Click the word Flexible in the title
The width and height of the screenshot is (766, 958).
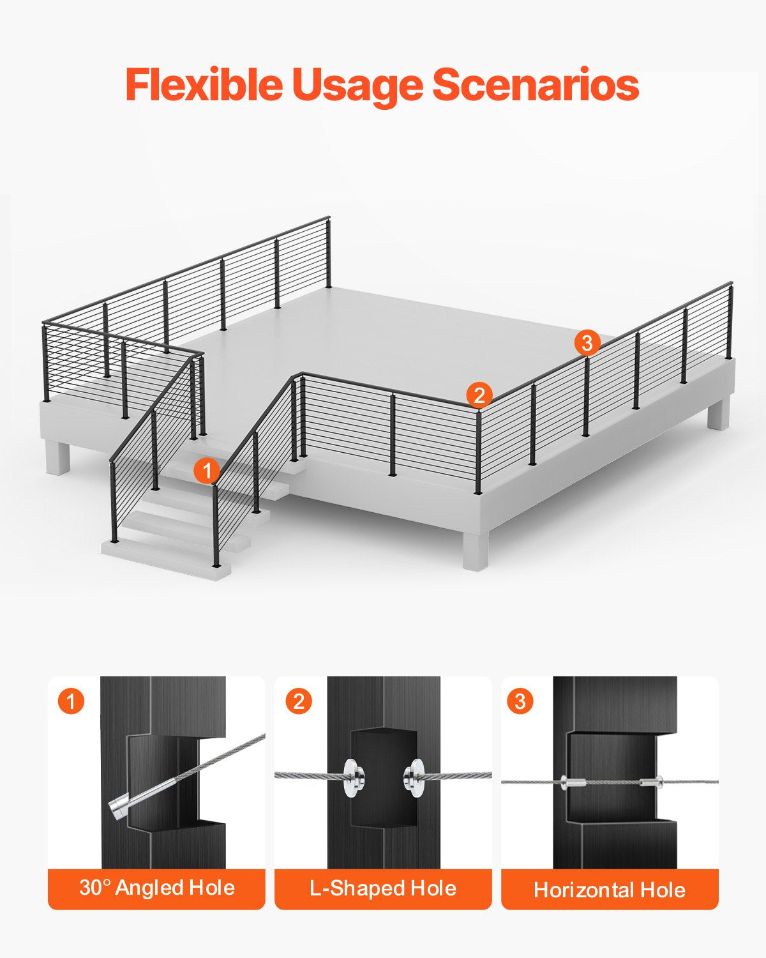204,85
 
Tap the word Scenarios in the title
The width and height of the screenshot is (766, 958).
536,85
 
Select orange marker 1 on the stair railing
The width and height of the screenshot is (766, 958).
207,471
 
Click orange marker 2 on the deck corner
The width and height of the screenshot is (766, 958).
479,395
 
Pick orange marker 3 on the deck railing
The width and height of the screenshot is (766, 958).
587,343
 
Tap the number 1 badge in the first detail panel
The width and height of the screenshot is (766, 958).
71,701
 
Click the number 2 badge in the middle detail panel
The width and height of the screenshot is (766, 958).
298,701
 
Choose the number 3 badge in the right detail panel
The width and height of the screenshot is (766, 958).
520,701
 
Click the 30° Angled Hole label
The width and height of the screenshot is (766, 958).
157,888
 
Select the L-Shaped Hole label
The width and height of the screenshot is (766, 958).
383,888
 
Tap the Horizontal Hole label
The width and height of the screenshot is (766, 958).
610,890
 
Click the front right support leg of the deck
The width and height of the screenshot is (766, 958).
476,549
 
